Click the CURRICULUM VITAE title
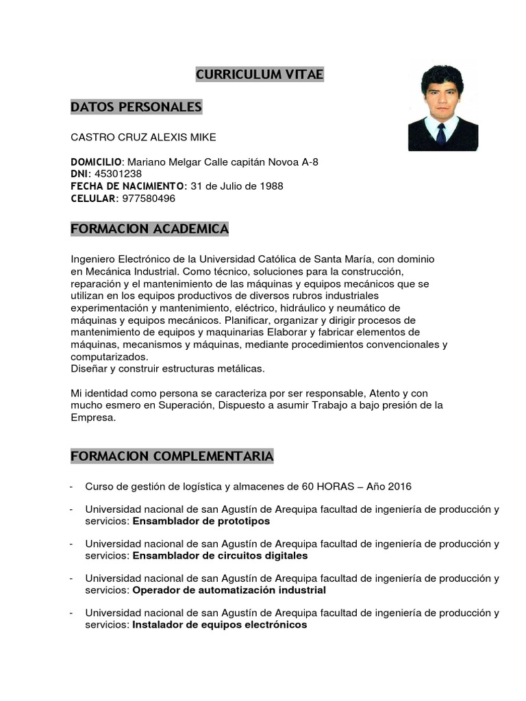[260, 75]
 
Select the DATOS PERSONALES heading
[136, 107]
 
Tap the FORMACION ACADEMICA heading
[149, 229]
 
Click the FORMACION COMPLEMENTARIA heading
[172, 457]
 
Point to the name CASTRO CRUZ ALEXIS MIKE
[143, 137]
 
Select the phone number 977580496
[149, 199]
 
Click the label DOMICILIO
[96, 162]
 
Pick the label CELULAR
[94, 199]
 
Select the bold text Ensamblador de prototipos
[201, 521]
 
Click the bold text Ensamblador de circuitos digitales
[220, 555]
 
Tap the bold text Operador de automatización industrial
[229, 590]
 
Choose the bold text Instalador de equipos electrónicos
[219, 625]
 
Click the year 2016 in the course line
[399, 487]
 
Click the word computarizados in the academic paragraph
[108, 357]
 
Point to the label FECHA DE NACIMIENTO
[128, 186]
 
